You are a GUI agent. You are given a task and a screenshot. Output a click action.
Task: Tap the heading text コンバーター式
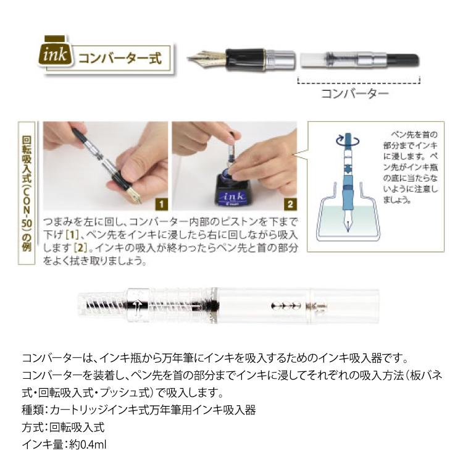pyautogui.click(x=119, y=59)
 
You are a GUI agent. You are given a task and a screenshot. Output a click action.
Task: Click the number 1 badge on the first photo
pyautogui.click(x=161, y=203)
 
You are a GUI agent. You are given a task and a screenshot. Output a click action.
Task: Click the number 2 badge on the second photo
pyautogui.click(x=290, y=203)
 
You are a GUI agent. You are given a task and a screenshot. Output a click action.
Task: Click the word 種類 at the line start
pyautogui.click(x=31, y=410)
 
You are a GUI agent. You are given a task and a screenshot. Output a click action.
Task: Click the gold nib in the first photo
pyautogui.click(x=132, y=196)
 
